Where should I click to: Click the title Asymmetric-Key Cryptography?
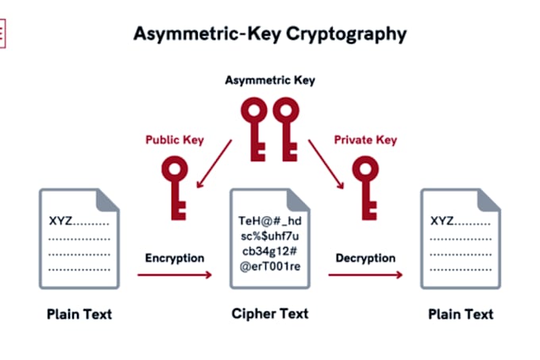(270, 34)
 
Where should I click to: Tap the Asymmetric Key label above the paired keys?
(270, 80)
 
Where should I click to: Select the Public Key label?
(175, 140)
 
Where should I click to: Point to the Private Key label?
(365, 140)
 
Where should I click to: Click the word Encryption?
(175, 258)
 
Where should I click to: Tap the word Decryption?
(365, 258)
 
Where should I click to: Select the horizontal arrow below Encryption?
(175, 275)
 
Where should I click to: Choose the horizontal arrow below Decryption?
(365, 275)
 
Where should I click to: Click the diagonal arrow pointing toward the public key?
(214, 164)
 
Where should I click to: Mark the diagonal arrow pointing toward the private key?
(326, 164)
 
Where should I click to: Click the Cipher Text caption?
(270, 314)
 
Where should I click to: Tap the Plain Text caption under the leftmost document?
(79, 314)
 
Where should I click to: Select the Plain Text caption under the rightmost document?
(461, 314)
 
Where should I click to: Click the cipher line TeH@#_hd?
(270, 221)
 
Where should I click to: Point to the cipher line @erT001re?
(270, 266)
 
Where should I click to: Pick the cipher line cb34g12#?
(270, 251)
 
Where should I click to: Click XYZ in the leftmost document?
(60, 221)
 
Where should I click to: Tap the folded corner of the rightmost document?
(488, 200)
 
